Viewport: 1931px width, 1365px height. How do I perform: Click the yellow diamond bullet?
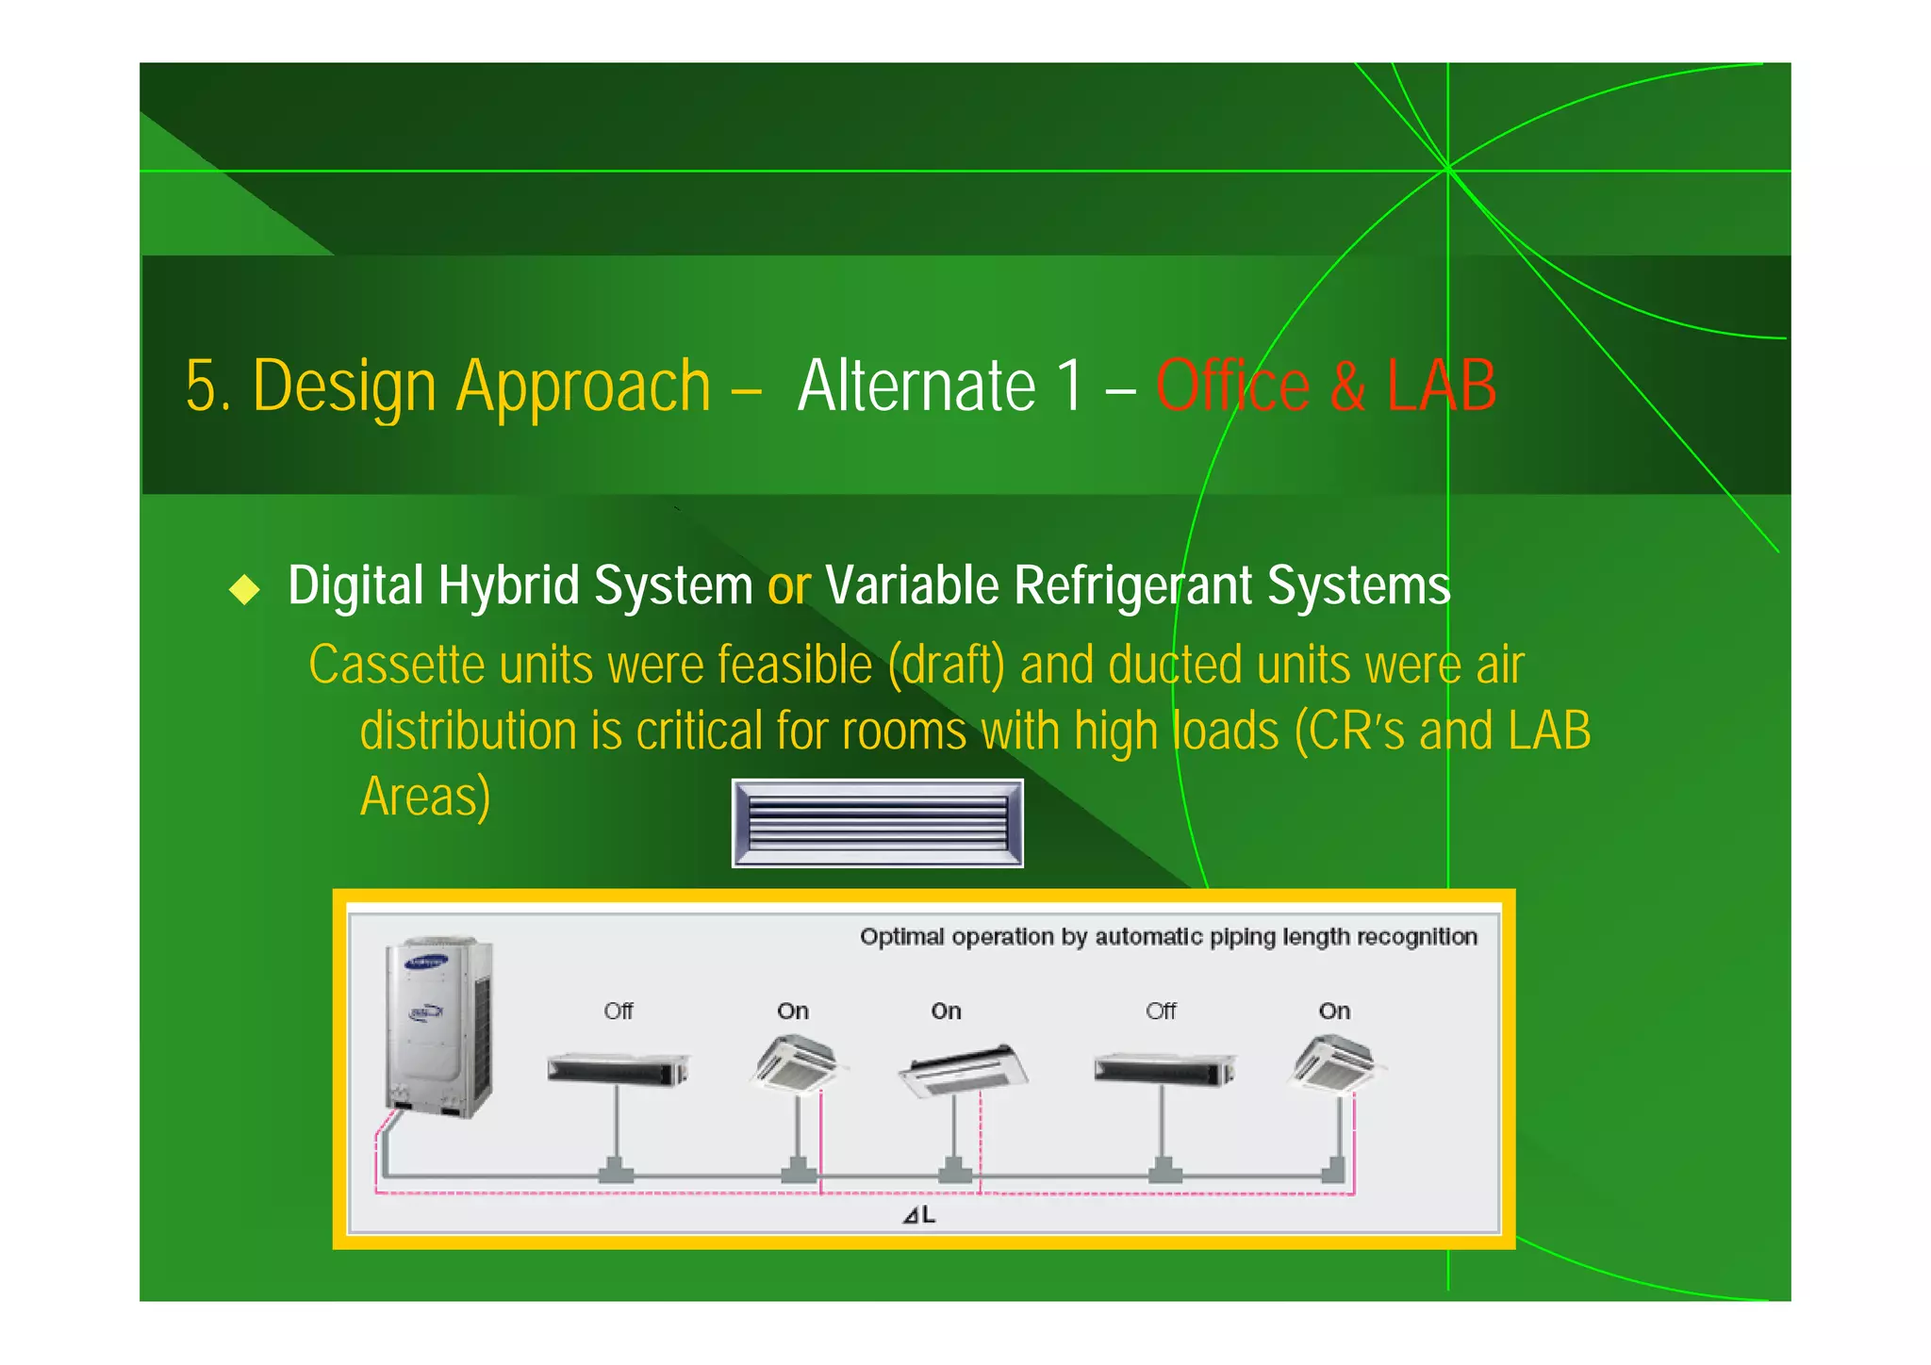coord(244,589)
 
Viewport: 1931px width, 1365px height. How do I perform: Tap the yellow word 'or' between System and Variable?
coord(788,586)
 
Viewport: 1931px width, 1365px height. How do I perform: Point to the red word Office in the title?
coord(1232,386)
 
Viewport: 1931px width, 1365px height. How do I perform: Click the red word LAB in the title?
coord(1441,386)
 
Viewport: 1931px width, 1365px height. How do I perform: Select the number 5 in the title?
coord(202,386)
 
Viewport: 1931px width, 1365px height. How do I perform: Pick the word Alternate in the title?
coord(916,386)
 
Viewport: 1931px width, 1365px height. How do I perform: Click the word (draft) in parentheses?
coord(946,666)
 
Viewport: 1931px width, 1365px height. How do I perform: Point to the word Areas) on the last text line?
coord(425,797)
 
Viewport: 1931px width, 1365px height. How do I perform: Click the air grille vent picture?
coord(877,823)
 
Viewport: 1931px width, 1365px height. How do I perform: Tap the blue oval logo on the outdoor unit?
coord(426,963)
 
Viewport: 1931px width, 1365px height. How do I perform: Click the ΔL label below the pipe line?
coord(919,1215)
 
